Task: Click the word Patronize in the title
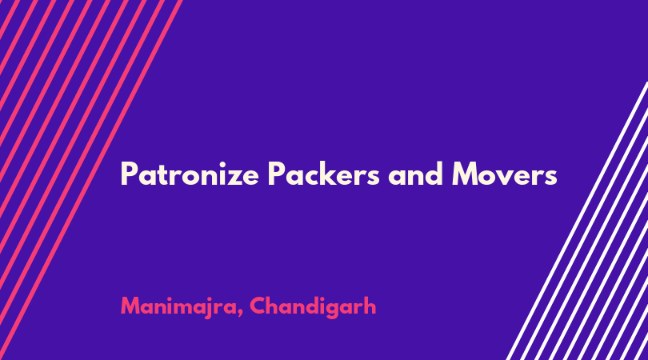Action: (x=190, y=174)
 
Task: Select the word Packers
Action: (x=323, y=173)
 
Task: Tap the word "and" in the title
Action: (x=416, y=174)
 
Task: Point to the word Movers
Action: (x=505, y=174)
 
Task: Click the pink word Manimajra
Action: (x=179, y=307)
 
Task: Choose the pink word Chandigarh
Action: (x=313, y=306)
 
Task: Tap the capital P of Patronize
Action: (x=128, y=174)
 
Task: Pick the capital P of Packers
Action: (x=276, y=174)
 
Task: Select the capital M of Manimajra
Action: (x=130, y=306)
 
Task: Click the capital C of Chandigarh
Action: (x=258, y=306)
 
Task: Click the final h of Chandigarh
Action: (x=370, y=306)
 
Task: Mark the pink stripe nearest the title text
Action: (x=90, y=180)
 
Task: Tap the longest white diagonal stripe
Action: (x=577, y=221)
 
